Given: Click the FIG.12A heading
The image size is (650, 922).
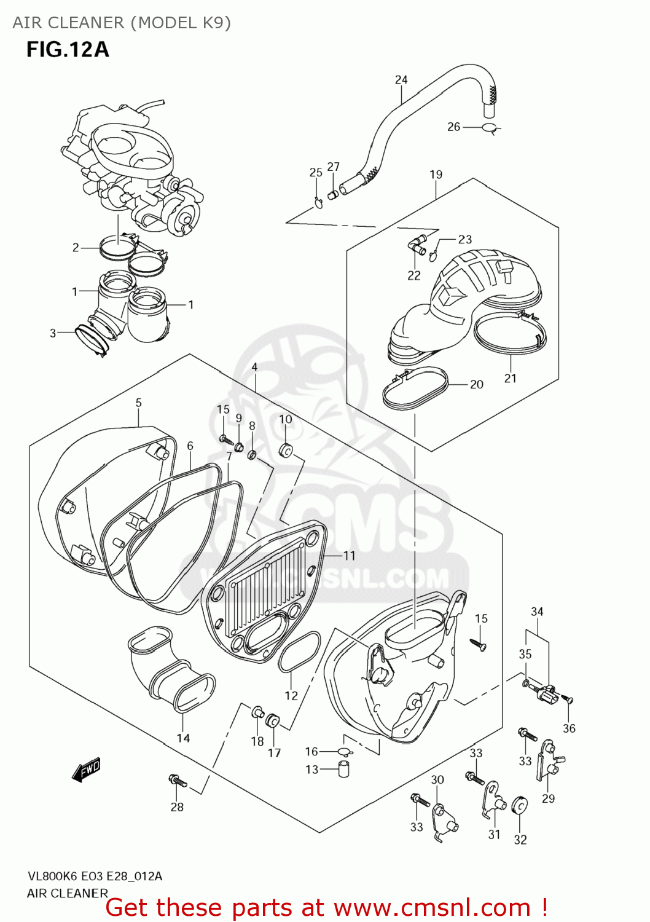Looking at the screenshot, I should coord(68,49).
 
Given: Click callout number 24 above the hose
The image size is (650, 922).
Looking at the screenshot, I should coord(401,79).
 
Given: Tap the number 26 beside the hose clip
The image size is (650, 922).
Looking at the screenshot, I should coord(453,127).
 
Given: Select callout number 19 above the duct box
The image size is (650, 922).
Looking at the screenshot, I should coord(436,175).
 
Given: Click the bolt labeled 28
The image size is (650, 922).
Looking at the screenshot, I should coord(178,781).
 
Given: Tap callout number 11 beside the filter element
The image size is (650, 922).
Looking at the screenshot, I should coord(349,556).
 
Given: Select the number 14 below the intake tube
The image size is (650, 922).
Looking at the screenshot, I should coord(183,738).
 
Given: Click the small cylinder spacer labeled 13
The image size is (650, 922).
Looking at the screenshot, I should coord(344,768).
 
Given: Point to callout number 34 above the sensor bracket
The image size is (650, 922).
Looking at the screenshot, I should coord(537,612).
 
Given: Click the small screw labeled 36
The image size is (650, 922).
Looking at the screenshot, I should coord(569,700).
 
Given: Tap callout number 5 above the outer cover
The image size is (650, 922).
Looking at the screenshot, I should coord(138,403).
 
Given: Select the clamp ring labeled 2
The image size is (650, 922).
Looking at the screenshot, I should coord(117,248).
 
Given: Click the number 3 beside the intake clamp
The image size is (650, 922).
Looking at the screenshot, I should coord(53,333).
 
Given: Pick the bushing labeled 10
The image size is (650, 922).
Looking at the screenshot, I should coord(286,450).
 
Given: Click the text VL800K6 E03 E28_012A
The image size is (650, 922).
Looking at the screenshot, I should coord(95,877).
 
